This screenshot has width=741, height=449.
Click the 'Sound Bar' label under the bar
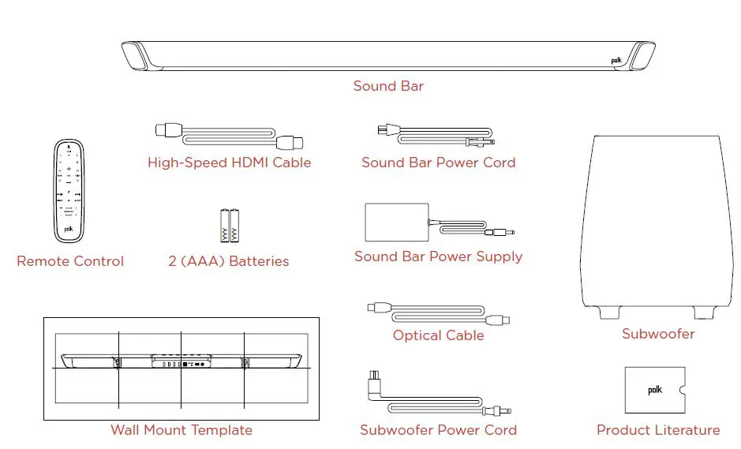click(388, 86)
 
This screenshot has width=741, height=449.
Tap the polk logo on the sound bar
click(616, 60)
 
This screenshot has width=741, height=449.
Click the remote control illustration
click(69, 190)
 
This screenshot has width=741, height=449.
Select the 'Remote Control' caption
click(70, 261)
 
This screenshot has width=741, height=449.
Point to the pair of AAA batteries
click(229, 225)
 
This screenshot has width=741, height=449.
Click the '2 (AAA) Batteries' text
click(229, 261)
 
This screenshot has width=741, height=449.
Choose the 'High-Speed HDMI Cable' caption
click(230, 163)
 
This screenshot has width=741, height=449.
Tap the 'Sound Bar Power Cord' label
click(438, 163)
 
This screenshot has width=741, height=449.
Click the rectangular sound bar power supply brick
click(395, 222)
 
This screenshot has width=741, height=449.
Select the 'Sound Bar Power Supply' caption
click(438, 256)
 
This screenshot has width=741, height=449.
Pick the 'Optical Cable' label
click(438, 335)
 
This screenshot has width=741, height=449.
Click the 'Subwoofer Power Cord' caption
click(438, 430)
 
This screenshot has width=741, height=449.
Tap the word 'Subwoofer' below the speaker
click(658, 334)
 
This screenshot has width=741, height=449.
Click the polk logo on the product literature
click(655, 390)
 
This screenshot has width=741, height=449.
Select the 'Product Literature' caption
click(658, 430)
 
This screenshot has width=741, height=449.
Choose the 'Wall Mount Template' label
click(182, 430)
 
